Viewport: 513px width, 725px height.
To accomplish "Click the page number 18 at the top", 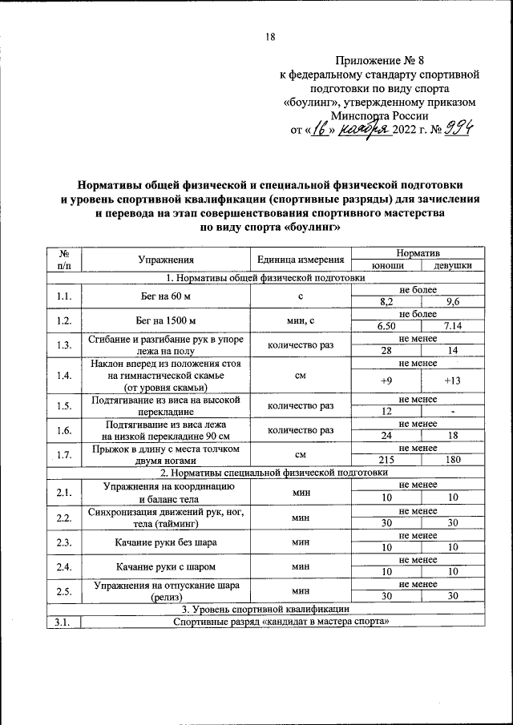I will coord(270,37).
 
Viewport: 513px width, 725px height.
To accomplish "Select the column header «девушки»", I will coord(453,265).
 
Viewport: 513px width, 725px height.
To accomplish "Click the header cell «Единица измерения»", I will coord(301,259).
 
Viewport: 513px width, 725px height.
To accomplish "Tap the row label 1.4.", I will coord(65,375).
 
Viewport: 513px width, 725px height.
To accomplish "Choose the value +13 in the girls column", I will coord(453,381).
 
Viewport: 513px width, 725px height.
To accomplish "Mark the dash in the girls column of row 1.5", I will coord(453,411).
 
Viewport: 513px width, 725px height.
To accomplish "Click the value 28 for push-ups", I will coord(387,351).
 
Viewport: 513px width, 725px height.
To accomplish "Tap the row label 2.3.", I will coord(65,542).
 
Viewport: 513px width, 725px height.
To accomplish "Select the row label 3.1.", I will coord(65,622).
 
